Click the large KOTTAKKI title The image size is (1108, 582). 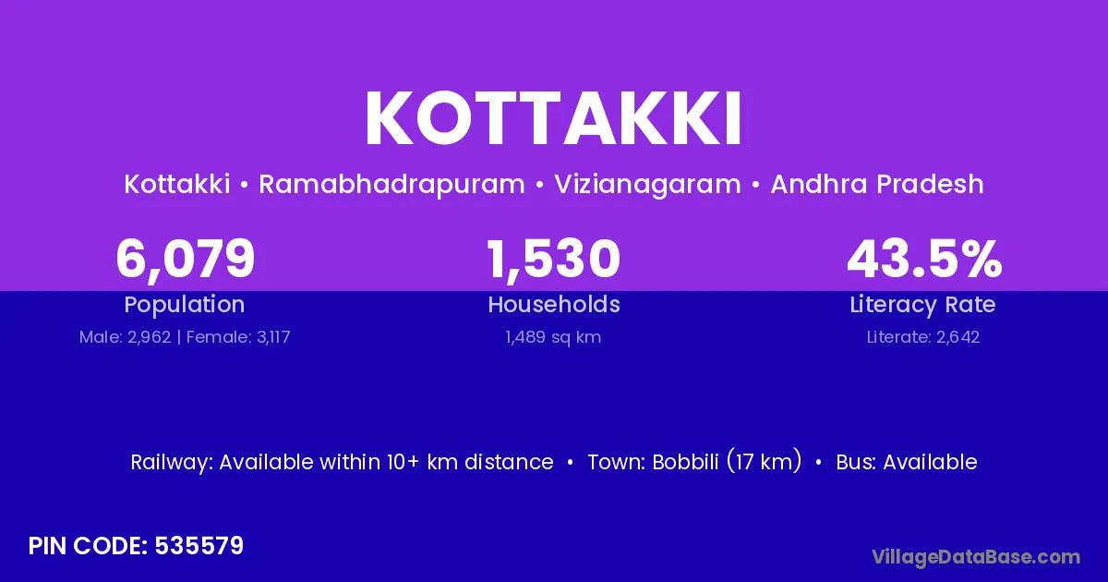553,119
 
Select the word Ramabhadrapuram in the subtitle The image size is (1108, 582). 391,185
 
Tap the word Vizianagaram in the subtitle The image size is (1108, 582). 647,185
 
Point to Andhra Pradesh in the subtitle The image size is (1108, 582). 877,184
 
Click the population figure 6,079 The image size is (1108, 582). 185,260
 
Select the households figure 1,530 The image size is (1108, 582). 553,260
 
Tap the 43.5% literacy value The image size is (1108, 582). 924,259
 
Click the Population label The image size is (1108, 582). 185,305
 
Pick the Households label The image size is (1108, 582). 554,304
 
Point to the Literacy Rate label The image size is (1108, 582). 922,305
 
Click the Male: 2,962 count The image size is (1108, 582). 126,337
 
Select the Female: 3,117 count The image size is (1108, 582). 238,337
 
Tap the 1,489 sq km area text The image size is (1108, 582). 553,337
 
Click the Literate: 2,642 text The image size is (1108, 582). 923,337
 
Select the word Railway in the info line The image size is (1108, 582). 171,463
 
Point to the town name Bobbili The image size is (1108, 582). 685,462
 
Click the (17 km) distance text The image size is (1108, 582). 765,462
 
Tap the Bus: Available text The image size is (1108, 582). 907,462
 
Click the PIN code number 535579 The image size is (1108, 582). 199,546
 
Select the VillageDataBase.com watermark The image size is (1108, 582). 976,557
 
